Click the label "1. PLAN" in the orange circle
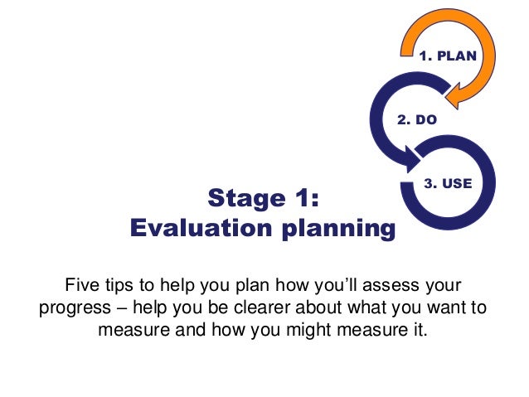(448, 58)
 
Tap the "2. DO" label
(417, 120)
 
